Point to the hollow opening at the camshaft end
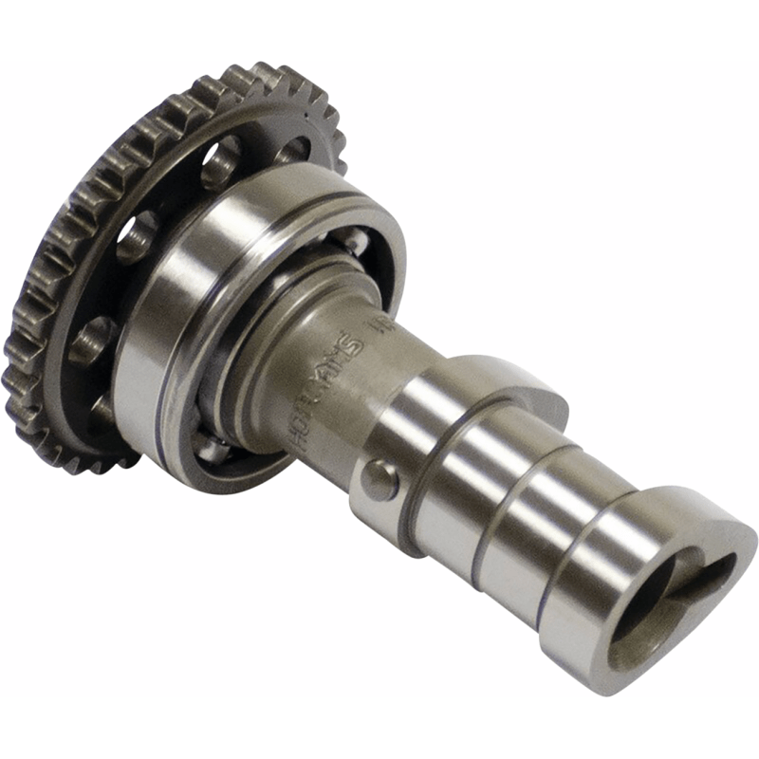tap(655, 607)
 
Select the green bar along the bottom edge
tap(379, 728)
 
